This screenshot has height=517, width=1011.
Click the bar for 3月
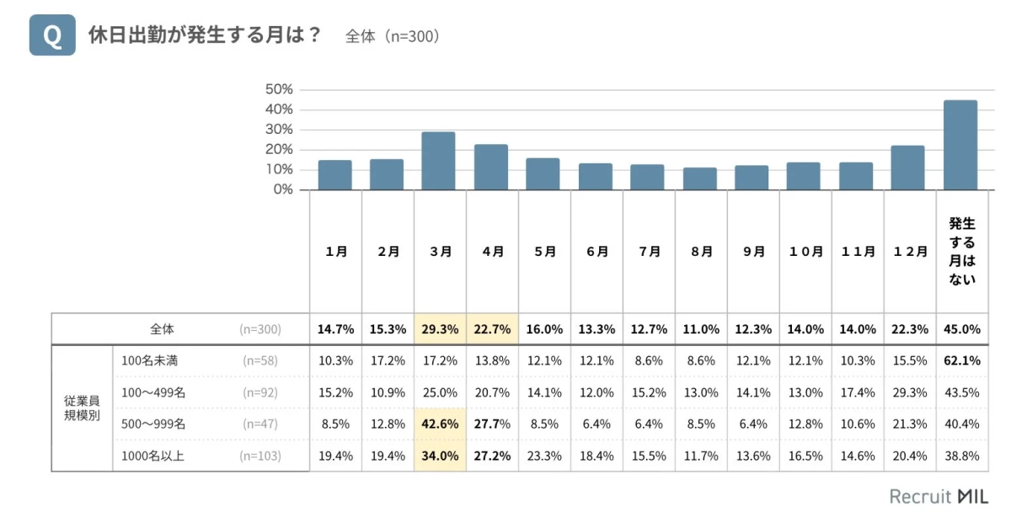(x=438, y=161)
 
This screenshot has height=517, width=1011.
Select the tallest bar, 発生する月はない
(x=960, y=145)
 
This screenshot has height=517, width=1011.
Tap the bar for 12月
(x=908, y=168)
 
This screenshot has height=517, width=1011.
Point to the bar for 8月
(x=699, y=179)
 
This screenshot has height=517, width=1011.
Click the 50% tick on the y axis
(x=279, y=89)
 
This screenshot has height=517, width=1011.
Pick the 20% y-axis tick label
(x=279, y=149)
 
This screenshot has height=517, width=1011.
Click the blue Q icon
(x=52, y=36)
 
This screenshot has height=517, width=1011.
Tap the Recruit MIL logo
(x=939, y=496)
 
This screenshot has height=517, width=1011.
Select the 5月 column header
(x=544, y=251)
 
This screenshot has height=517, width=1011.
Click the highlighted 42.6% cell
(x=440, y=424)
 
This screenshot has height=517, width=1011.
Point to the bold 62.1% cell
(x=961, y=360)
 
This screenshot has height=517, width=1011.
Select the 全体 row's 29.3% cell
(x=440, y=329)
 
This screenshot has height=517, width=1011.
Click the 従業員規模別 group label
(x=82, y=408)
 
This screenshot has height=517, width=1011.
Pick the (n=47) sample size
(x=260, y=424)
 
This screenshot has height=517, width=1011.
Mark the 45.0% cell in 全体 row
(x=961, y=329)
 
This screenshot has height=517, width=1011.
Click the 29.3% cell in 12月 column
(x=909, y=392)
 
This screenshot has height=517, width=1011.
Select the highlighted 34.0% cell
(x=440, y=456)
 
